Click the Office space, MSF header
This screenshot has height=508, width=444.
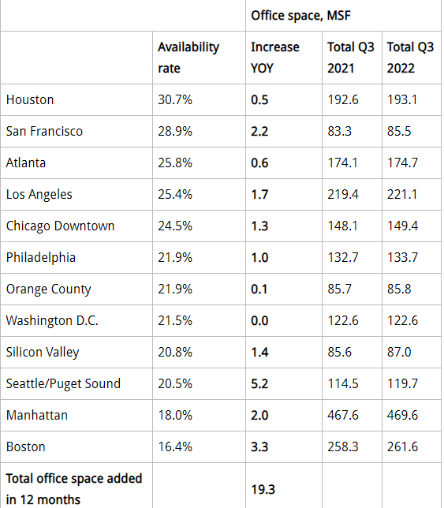(300, 16)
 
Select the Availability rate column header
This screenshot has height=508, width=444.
(188, 58)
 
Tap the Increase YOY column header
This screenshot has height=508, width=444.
(275, 58)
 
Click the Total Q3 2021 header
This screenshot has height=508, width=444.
(351, 58)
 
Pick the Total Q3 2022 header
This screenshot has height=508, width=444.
(410, 58)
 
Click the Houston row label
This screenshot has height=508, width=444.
(30, 99)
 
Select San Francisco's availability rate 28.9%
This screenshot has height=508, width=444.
(175, 131)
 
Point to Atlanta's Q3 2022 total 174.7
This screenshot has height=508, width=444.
(402, 162)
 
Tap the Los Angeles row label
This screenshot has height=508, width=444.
(39, 195)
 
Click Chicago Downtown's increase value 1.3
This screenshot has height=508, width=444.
(259, 226)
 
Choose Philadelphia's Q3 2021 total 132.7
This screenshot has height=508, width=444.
(342, 258)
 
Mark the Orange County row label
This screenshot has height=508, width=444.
(49, 289)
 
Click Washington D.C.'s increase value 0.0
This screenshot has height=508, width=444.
(259, 321)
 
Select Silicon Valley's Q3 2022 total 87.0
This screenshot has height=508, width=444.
(399, 352)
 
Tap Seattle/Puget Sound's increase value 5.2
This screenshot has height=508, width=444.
(259, 383)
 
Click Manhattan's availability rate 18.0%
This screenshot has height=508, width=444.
(175, 416)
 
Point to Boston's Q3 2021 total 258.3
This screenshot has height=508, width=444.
(342, 446)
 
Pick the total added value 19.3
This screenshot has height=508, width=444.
(263, 489)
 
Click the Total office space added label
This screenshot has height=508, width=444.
(74, 489)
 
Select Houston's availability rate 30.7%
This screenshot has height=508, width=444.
(175, 99)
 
